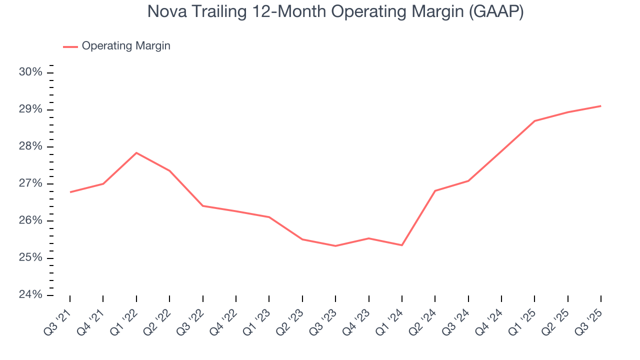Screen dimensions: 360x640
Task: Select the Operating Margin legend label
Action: [x=126, y=46]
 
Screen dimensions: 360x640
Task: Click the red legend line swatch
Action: [x=70, y=46]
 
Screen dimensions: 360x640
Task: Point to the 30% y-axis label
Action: [x=30, y=72]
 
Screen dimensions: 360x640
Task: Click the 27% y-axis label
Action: [x=30, y=184]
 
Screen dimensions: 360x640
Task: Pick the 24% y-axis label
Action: [x=30, y=295]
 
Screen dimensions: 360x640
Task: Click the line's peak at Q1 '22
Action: [x=136, y=153]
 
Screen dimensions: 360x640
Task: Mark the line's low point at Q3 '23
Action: [x=335, y=246]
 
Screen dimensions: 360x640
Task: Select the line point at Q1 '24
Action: [x=402, y=245]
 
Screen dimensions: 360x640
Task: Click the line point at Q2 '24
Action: [x=435, y=191]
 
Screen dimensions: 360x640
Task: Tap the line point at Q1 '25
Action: [x=534, y=121]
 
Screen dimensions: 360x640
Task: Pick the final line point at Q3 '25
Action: [x=600, y=106]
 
